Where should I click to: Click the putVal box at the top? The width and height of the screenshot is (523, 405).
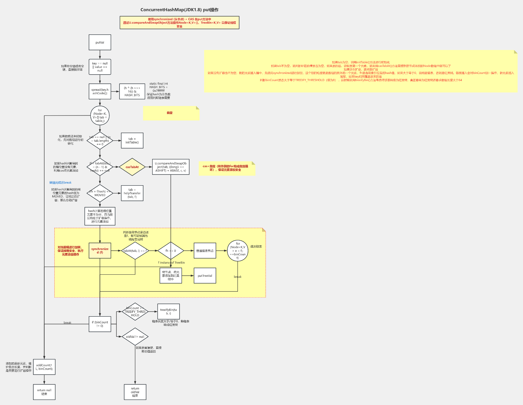100,43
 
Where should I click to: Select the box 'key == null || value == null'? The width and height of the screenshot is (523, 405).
100,67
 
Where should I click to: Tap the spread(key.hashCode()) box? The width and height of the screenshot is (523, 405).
100,91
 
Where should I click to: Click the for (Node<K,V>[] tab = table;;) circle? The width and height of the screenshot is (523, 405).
100,115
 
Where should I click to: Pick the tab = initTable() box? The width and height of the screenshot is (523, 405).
132,140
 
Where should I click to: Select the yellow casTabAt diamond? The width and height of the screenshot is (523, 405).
132,167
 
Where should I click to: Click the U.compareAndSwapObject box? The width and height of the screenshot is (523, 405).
170,167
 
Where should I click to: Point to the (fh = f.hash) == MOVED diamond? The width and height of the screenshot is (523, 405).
100,193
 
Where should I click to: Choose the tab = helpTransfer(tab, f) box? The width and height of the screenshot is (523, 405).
132,193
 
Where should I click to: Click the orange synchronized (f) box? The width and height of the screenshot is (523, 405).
100,251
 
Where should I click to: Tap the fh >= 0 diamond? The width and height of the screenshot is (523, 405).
171,251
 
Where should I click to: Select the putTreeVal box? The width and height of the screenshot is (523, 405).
205,276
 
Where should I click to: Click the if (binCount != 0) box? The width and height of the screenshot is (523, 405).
100,324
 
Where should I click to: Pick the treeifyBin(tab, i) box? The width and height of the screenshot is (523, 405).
168,312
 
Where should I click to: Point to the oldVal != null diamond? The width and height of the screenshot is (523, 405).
135,336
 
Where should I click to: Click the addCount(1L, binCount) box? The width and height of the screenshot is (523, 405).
44,367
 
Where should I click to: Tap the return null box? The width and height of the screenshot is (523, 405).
44,392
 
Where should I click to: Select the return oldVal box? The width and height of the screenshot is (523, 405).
135,392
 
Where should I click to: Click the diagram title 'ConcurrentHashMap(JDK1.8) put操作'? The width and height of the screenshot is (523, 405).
180,10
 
